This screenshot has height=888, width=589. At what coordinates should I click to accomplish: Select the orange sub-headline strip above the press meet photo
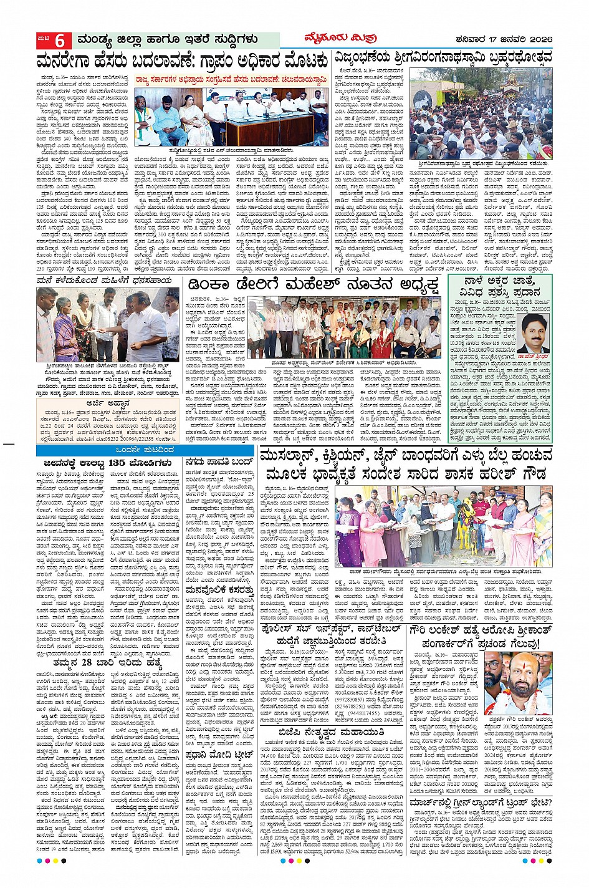tap(231, 80)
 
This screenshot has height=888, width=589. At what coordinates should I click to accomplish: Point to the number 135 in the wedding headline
tap(117, 463)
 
